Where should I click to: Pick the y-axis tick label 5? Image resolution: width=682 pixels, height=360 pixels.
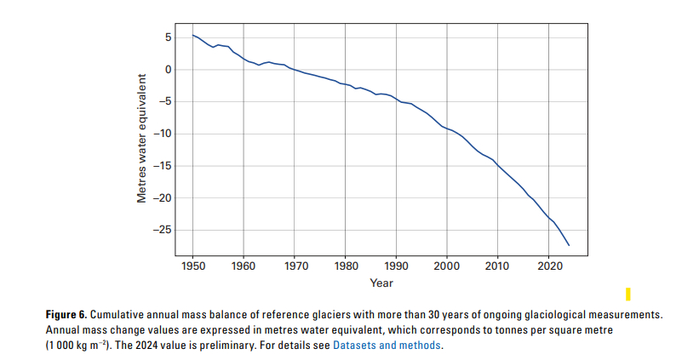click(x=169, y=37)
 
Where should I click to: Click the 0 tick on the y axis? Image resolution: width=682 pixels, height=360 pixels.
click(x=169, y=70)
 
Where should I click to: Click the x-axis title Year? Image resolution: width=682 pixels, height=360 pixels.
click(x=381, y=283)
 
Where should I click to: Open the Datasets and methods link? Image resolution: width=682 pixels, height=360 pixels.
click(x=387, y=346)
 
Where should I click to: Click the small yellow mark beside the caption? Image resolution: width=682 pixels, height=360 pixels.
click(x=628, y=294)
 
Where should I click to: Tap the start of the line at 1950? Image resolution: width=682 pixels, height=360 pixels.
click(x=193, y=35)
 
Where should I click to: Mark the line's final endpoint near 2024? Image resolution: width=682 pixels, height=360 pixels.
click(x=569, y=245)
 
